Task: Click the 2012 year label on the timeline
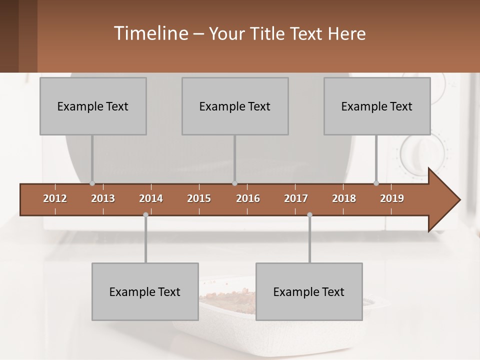55,198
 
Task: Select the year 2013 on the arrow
103,198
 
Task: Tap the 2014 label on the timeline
151,198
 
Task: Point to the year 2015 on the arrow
199,198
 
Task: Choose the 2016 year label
248,198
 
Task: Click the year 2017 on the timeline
296,198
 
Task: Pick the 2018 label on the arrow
344,198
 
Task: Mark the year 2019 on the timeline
392,198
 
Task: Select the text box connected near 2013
93,106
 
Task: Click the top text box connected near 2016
235,106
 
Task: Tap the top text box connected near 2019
377,106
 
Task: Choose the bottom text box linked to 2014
145,291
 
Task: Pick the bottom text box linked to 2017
309,291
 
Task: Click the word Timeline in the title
150,33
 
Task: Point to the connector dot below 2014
145,214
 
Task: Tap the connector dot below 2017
309,214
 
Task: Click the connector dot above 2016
235,183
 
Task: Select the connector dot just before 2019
376,183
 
